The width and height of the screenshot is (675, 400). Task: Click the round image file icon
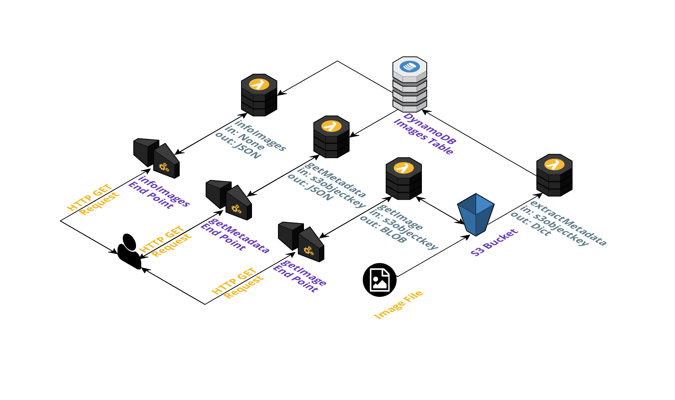tap(380, 280)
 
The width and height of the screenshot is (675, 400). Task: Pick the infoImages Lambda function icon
tap(259, 95)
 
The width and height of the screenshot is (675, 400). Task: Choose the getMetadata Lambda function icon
tap(331, 137)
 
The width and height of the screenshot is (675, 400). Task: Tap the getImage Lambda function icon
tap(404, 178)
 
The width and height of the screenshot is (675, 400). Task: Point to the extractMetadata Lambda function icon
tap(554, 175)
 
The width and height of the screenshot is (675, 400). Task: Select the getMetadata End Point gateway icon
tap(229, 200)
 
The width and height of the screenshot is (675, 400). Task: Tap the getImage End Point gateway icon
tap(301, 242)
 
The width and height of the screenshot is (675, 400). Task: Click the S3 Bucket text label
tap(495, 243)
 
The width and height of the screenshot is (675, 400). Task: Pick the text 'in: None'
tap(244, 138)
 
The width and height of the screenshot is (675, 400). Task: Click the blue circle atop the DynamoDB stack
tap(410, 67)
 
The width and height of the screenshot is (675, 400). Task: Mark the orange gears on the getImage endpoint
tap(309, 251)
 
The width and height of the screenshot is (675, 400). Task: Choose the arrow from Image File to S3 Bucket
tap(433, 256)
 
